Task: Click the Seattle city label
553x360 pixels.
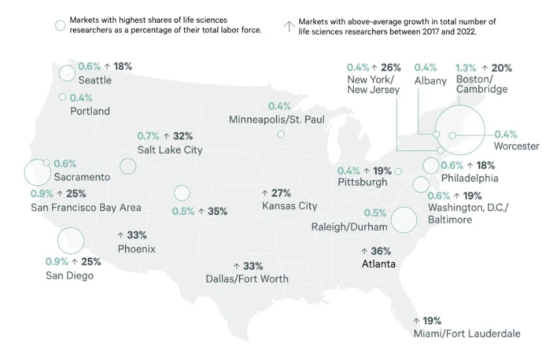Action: coord(94,81)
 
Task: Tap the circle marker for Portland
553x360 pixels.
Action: coord(62,97)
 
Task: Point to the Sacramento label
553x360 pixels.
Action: coord(82,177)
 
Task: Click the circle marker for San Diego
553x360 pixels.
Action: coord(70,240)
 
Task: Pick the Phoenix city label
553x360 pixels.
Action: coord(137,249)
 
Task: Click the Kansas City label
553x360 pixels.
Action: coord(289,206)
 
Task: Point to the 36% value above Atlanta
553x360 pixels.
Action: coord(381,251)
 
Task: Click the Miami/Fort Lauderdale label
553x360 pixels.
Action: coord(466,334)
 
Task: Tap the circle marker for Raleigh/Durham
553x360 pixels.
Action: coord(403,219)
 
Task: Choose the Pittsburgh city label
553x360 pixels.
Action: coord(362,182)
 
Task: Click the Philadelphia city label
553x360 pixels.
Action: coord(469,178)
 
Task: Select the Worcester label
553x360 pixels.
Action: coord(516,146)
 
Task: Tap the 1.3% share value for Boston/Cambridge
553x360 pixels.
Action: coord(466,67)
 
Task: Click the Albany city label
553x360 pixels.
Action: coord(430,81)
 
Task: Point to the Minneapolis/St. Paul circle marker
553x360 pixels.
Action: coord(280,135)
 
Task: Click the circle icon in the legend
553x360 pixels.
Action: coord(60,25)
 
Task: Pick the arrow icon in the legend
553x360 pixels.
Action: coord(287,26)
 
